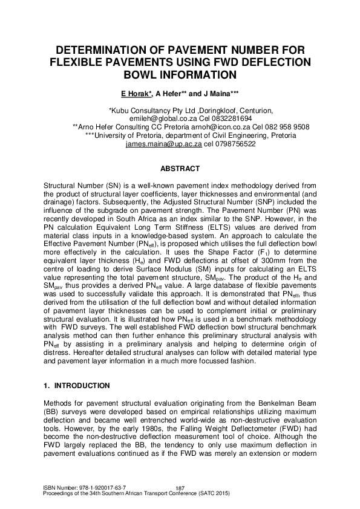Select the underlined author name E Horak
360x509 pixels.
click(x=140, y=95)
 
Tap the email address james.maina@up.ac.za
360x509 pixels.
click(x=163, y=144)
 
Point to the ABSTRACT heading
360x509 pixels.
click(x=180, y=167)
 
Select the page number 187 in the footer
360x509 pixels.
click(x=180, y=488)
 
